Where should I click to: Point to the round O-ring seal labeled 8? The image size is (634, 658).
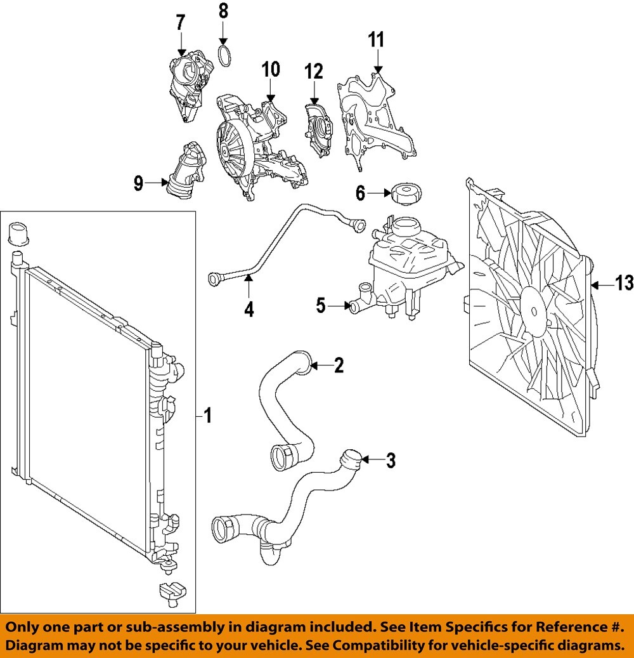[224, 55]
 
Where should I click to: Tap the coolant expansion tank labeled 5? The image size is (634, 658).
[393, 266]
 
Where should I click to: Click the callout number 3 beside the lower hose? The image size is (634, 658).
[391, 460]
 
